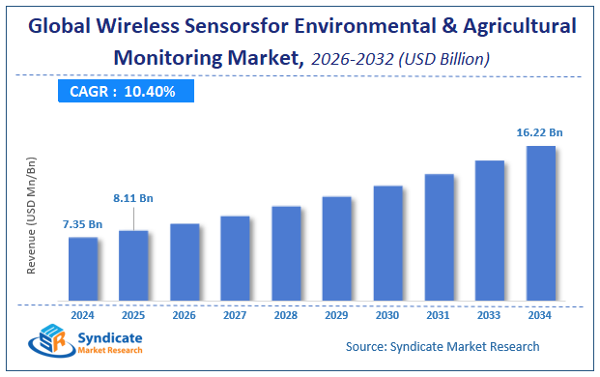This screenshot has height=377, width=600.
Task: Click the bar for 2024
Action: point(83,268)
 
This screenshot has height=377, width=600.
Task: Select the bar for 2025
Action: point(133,265)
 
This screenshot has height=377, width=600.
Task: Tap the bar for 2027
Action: point(235,257)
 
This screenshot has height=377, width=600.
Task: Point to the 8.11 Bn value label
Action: point(133,198)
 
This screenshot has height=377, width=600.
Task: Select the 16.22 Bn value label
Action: point(539,132)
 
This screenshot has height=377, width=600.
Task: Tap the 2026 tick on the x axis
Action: point(185,314)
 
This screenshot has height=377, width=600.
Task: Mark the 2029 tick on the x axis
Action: point(336,314)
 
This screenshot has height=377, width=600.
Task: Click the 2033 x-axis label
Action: point(489,314)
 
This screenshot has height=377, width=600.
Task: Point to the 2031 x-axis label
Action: point(439,314)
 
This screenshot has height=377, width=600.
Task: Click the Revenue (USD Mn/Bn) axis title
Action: point(31,215)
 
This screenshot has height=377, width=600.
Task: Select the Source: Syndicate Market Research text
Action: point(442,346)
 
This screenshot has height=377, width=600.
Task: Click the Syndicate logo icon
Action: point(47,343)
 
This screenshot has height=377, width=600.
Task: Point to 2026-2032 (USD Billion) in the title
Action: point(400,59)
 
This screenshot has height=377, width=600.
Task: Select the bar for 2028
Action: point(286,252)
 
